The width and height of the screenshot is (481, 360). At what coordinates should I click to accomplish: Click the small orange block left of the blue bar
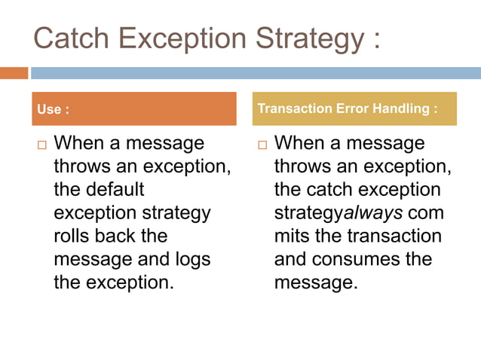point(14,73)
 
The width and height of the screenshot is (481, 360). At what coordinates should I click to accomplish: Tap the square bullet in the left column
point(42,145)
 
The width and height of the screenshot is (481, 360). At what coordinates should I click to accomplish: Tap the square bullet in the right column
point(262,145)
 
